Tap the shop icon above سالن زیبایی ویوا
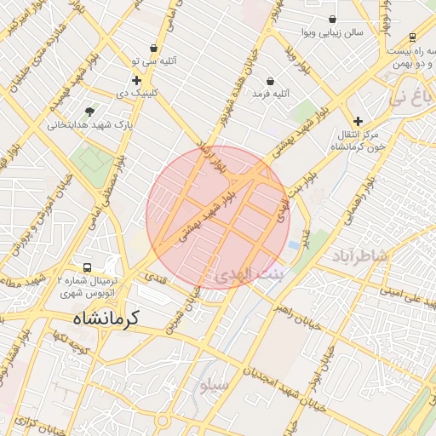pos(332,19)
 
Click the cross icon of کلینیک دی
pos(136,80)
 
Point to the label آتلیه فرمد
pos(272,94)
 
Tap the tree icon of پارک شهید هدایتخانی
pos(89,111)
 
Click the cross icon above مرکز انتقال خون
pos(358,121)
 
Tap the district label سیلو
pos(215,385)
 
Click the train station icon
pos(413,37)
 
